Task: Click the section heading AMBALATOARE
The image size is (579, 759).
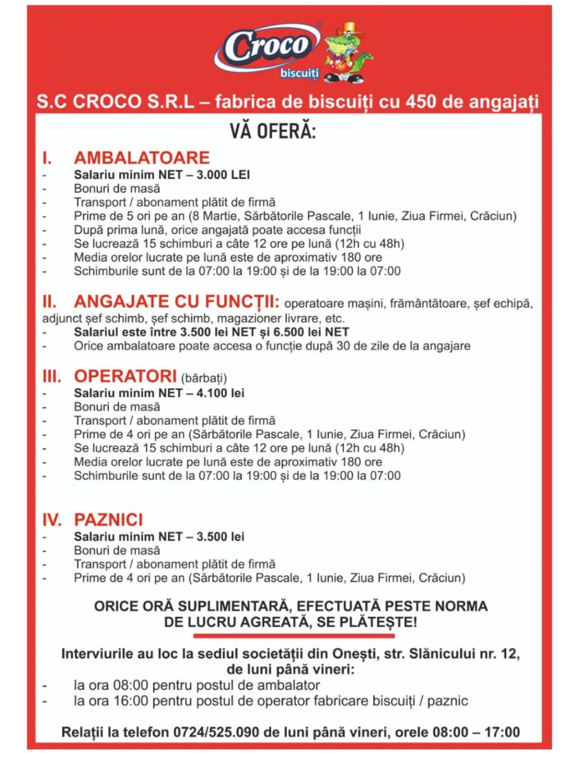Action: click(x=142, y=157)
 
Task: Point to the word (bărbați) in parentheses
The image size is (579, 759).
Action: click(x=203, y=379)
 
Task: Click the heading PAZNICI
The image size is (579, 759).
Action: click(x=108, y=520)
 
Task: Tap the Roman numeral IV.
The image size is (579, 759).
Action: click(x=53, y=520)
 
